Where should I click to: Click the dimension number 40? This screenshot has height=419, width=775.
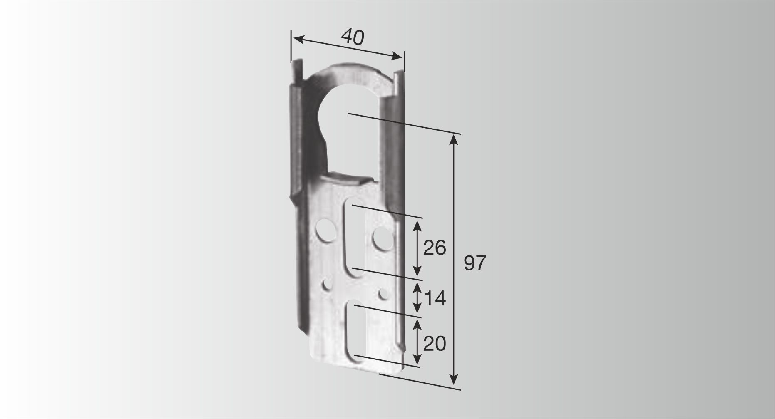353,37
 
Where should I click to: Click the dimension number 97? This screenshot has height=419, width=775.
475,263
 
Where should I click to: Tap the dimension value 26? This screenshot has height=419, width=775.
435,248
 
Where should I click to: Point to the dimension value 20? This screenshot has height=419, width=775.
435,344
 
